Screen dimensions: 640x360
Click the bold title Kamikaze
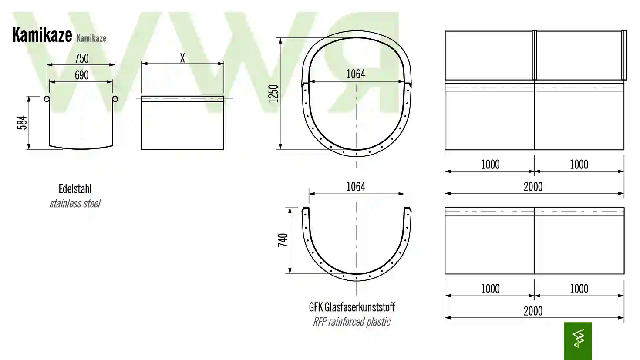point(42,35)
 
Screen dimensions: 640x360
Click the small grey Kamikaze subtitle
point(91,38)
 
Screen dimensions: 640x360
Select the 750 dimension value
point(82,58)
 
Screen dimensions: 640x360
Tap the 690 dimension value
point(82,75)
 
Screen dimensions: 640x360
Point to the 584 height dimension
point(22,123)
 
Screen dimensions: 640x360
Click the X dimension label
point(182,58)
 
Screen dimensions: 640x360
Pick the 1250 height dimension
point(273,94)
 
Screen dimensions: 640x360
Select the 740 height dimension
point(283,240)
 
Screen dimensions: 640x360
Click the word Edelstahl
point(75,189)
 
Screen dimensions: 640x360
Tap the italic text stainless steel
point(75,203)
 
